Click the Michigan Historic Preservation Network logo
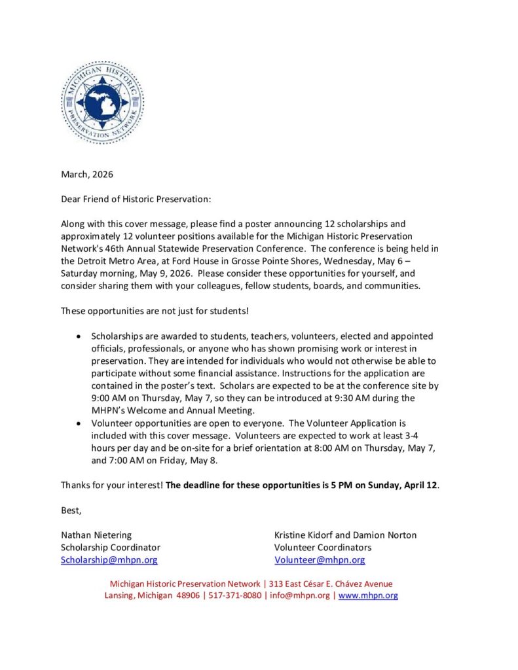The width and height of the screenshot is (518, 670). pyautogui.click(x=102, y=102)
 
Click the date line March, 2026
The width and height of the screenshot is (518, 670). pyautogui.click(x=87, y=174)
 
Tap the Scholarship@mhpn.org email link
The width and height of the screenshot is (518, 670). pyautogui.click(x=109, y=560)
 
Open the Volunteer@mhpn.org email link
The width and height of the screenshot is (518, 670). pyautogui.click(x=320, y=560)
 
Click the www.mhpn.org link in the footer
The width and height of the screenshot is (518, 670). pyautogui.click(x=368, y=595)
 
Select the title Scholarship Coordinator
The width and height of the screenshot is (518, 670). pyautogui.click(x=110, y=548)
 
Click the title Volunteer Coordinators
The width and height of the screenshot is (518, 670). pyautogui.click(x=323, y=548)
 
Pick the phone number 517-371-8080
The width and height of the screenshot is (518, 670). pyautogui.click(x=235, y=595)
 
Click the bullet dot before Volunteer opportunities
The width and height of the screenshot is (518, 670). pyautogui.click(x=79, y=424)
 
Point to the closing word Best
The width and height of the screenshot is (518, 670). pyautogui.click(x=71, y=510)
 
